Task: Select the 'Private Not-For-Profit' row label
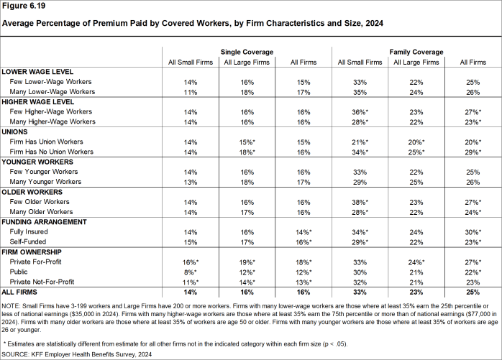pos(45,282)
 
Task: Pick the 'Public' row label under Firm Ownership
pos(21,272)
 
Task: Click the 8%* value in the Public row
pos(190,272)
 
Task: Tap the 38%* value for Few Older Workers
pos(359,203)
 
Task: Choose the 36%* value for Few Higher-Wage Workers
pos(359,112)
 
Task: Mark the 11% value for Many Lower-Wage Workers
pos(190,92)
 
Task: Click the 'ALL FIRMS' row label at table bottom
pos(21,292)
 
